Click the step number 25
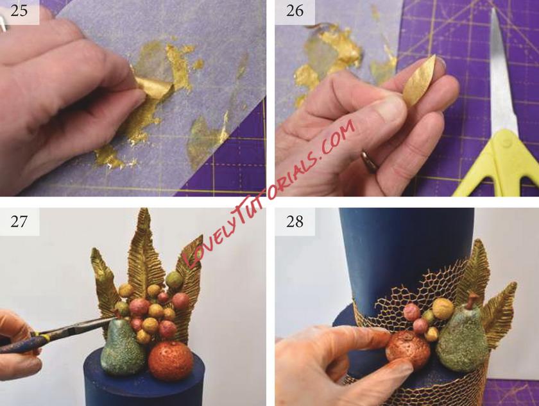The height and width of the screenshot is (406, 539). (19, 11)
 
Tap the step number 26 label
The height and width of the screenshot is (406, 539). (295, 11)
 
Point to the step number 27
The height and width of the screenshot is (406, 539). (19, 222)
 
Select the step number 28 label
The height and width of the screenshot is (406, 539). (295, 222)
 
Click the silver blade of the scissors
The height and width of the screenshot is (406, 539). (501, 69)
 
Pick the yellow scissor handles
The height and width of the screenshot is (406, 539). (495, 165)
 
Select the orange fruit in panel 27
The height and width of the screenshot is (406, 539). (171, 361)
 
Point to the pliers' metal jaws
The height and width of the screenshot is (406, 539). (86, 323)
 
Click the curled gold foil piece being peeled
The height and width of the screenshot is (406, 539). (150, 88)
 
